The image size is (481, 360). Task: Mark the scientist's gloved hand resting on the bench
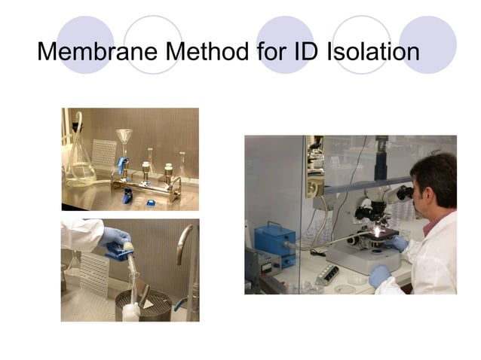tap(380, 274)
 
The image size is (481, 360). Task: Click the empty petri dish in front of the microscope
tap(346, 287)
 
